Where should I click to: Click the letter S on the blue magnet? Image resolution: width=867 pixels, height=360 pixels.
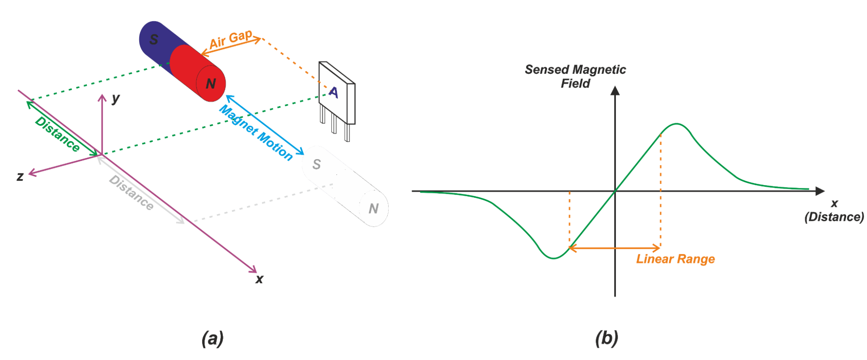154,39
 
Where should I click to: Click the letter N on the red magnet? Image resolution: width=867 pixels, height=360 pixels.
211,84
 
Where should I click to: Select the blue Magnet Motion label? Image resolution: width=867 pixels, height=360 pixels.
256,133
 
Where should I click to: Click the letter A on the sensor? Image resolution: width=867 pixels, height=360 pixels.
333,92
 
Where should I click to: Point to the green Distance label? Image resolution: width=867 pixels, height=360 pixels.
58,134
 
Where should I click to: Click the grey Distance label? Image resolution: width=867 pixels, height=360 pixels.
131,193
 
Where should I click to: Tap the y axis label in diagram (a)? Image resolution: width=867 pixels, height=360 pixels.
115,98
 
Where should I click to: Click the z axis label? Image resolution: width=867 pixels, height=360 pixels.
20,177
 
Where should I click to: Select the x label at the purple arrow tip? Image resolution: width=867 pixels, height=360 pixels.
259,279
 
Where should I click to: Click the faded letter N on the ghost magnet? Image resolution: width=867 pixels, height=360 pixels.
373,209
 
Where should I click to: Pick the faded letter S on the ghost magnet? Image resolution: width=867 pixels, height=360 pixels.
317,164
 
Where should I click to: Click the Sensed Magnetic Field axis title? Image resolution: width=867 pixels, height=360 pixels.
575,76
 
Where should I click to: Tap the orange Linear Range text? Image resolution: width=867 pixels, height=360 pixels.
675,259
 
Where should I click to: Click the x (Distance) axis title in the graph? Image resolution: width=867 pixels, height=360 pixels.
834,210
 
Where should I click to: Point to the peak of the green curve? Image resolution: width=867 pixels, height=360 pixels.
677,124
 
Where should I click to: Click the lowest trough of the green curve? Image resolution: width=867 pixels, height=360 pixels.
554,258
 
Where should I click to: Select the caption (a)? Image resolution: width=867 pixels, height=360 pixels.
213,338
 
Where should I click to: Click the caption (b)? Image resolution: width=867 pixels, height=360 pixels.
606,338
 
